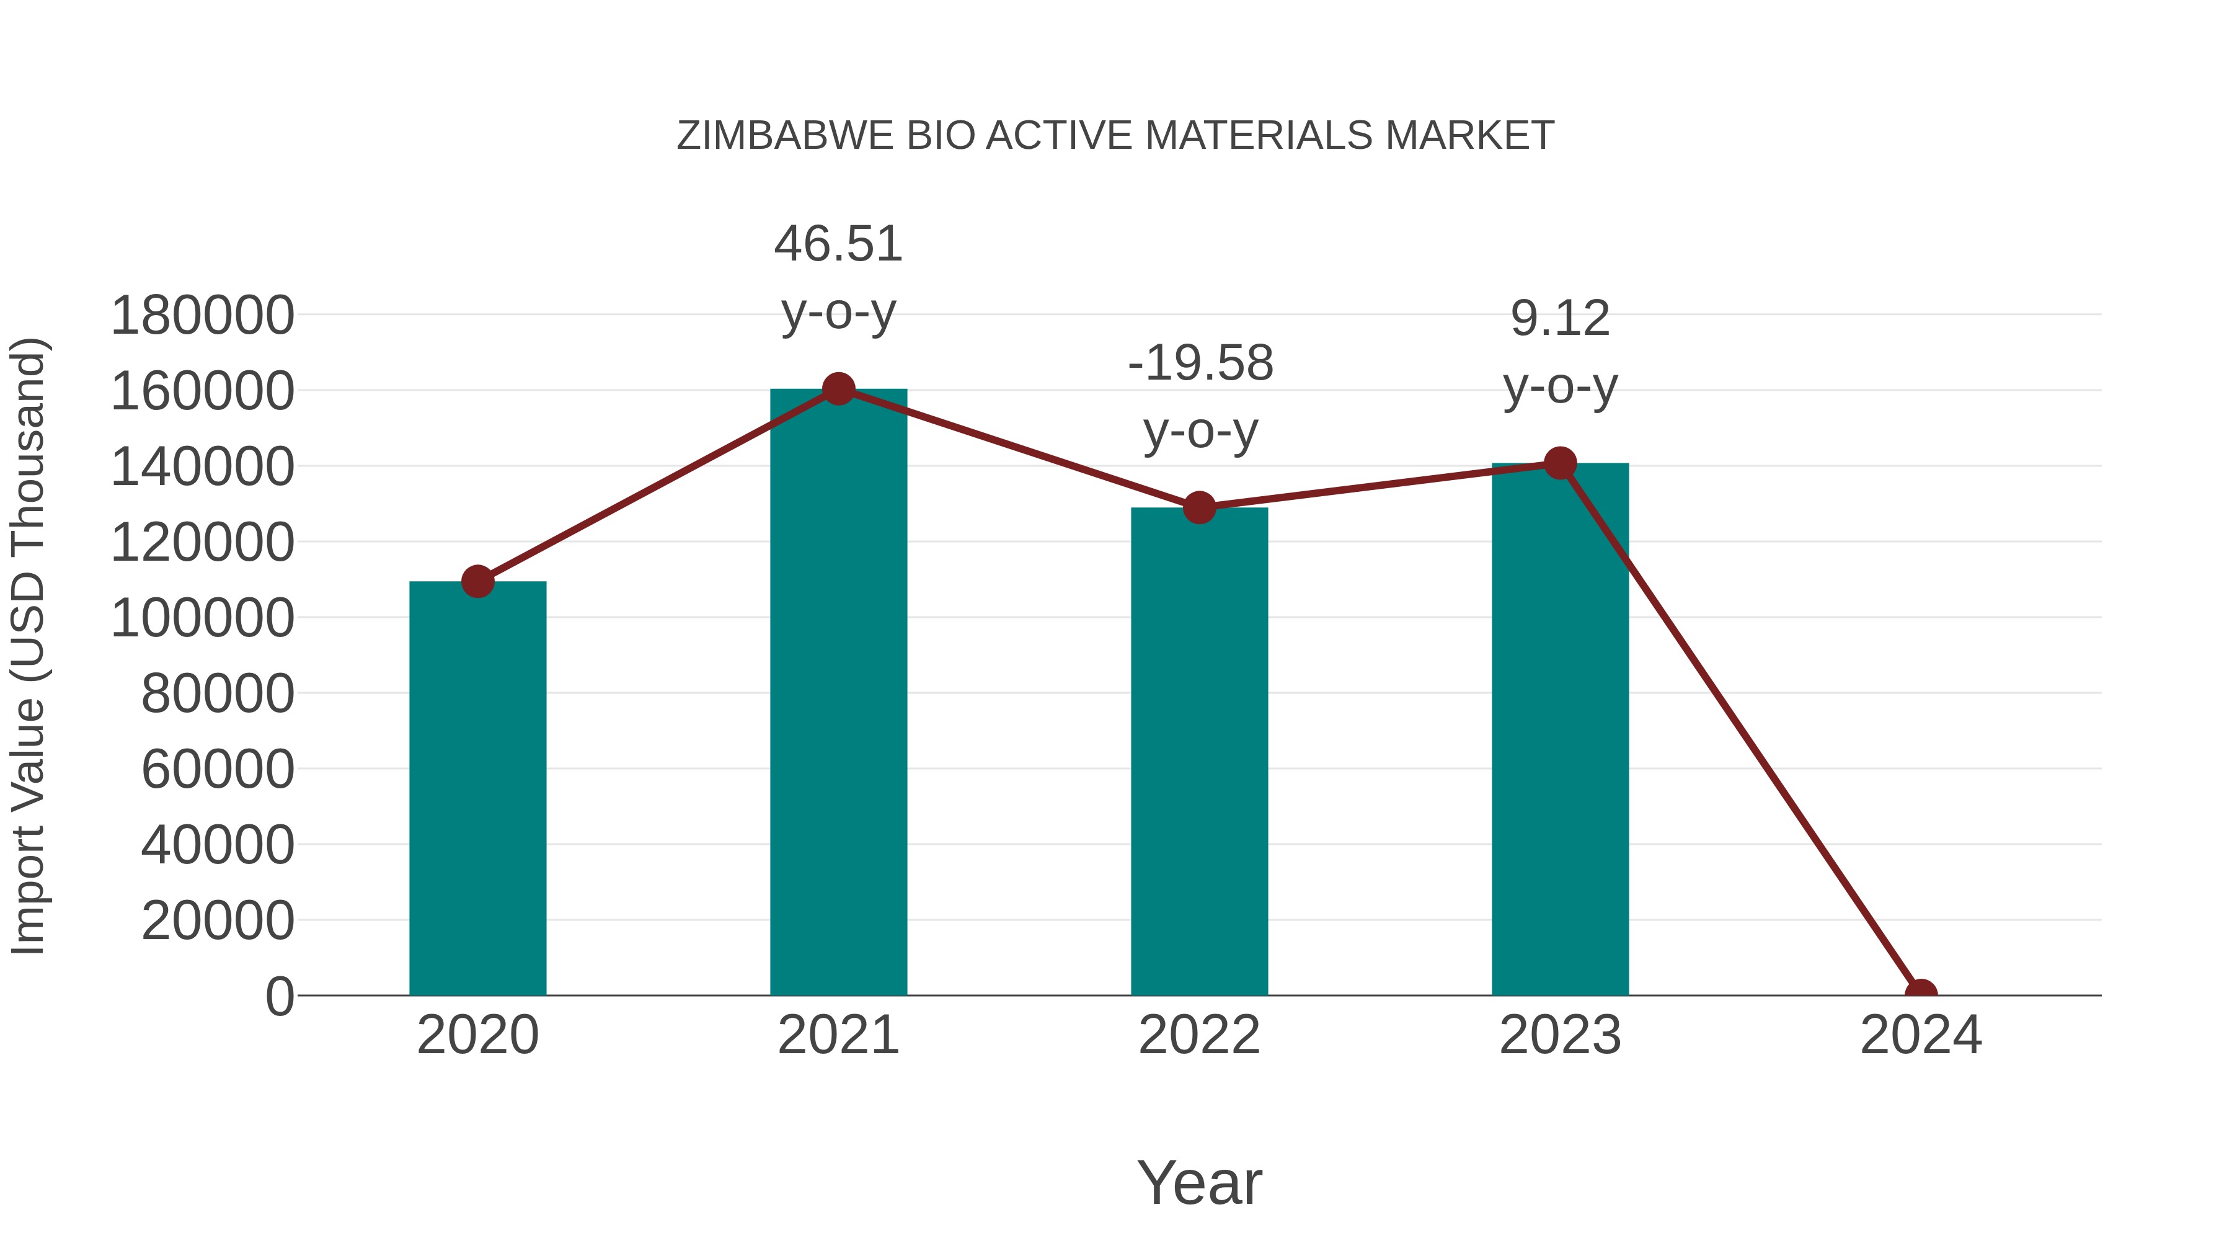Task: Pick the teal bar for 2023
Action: pyautogui.click(x=1560, y=729)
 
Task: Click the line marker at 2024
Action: pyautogui.click(x=1921, y=994)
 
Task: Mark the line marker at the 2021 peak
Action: pyautogui.click(x=838, y=389)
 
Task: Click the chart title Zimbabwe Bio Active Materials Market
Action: pyautogui.click(x=1115, y=136)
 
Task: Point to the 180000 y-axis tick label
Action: pyautogui.click(x=202, y=316)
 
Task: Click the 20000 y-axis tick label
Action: pyautogui.click(x=218, y=920)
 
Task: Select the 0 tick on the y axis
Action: pyautogui.click(x=279, y=997)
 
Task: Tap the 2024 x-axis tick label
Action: pyautogui.click(x=1920, y=1036)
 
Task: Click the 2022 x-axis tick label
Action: pyautogui.click(x=1198, y=1036)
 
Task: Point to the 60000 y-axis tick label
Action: pyautogui.click(x=218, y=770)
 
